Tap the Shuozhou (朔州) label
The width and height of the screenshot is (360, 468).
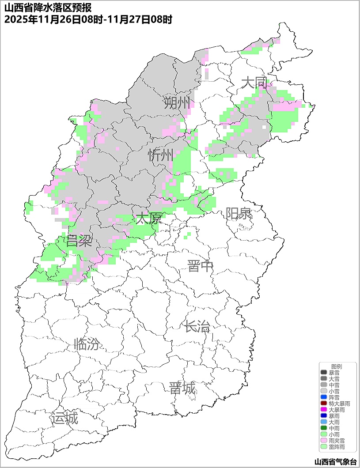(177, 103)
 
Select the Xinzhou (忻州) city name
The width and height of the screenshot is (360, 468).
(161, 155)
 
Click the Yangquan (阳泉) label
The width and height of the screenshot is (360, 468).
(239, 214)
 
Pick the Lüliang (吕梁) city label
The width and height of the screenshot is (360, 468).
(79, 241)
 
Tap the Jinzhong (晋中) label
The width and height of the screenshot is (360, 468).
(200, 266)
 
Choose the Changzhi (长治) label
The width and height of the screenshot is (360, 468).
(197, 327)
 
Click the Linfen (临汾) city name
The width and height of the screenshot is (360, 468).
(87, 344)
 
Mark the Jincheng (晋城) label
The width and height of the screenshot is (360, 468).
(182, 389)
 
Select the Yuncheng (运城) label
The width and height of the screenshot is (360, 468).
(64, 418)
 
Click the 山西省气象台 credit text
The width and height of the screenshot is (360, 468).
(335, 462)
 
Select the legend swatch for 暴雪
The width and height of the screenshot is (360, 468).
(324, 373)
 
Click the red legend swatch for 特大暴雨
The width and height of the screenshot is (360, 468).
(324, 404)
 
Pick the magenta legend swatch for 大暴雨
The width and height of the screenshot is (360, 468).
(324, 410)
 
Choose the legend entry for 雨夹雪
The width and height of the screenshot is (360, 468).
(337, 441)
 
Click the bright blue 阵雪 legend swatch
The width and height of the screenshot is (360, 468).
(324, 397)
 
